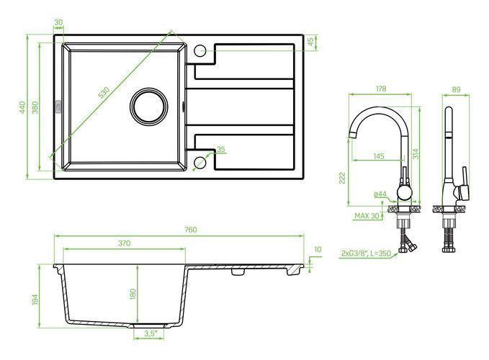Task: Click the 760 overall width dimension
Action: click(191, 230)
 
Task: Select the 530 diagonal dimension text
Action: click(104, 93)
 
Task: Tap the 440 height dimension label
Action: click(22, 107)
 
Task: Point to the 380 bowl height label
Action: click(35, 107)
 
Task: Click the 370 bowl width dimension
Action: click(124, 243)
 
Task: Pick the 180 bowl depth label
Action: click(133, 294)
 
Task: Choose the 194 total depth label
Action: click(35, 300)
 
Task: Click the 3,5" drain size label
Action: click(150, 333)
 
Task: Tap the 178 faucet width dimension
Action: click(381, 89)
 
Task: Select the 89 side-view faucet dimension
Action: click(456, 89)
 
